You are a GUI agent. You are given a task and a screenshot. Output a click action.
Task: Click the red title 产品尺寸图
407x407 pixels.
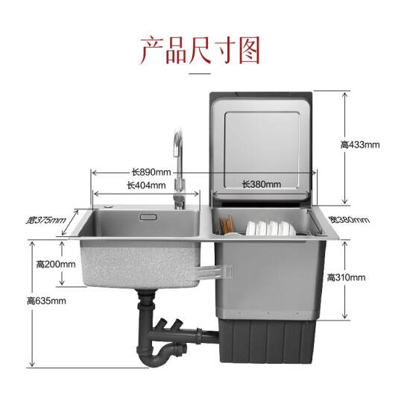200,51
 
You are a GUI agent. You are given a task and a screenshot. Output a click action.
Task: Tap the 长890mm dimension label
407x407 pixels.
151,172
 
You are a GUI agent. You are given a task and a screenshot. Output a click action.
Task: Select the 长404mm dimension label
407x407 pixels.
146,186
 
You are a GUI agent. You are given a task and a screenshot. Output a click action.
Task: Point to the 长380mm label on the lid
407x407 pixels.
262,184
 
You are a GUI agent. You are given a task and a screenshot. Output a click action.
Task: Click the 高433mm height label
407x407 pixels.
360,145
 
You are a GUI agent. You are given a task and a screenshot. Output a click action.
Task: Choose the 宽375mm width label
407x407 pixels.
45,220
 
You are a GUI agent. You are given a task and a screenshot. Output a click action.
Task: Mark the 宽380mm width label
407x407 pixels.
349,220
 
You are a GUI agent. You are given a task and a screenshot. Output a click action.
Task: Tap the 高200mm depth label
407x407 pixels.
56,265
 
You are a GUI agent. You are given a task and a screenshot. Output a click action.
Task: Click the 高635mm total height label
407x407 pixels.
46,301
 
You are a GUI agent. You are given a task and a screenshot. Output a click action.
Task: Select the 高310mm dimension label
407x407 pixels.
346,278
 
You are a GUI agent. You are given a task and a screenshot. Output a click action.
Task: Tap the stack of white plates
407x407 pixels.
271,228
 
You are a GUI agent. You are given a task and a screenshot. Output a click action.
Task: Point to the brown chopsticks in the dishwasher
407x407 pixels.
226,224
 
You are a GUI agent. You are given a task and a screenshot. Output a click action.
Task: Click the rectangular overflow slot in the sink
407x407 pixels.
148,217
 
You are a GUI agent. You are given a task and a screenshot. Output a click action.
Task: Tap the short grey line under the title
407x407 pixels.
200,74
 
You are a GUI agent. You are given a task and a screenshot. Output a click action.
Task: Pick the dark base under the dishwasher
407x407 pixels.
268,341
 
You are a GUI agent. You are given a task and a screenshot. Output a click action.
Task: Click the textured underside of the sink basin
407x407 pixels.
140,265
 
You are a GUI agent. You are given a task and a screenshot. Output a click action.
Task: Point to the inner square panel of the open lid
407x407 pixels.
262,150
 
